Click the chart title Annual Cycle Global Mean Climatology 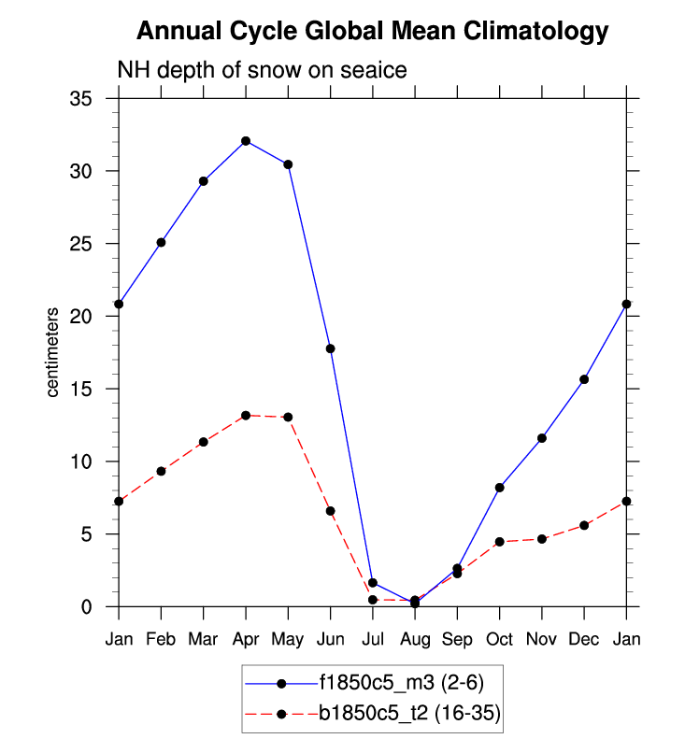point(372,32)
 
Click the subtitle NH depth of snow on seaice point(261,71)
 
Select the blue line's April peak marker point(246,141)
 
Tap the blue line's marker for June point(330,348)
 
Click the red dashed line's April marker point(246,415)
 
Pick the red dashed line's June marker point(330,511)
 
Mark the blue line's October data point point(500,488)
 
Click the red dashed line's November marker point(542,539)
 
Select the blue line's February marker point(162,242)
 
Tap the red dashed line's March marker point(204,442)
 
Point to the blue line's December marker point(584,379)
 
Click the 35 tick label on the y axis point(93,99)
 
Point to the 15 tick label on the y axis point(93,390)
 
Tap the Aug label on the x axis point(415,640)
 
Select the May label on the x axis point(288,640)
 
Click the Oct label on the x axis point(500,640)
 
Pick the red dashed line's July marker point(373,600)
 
